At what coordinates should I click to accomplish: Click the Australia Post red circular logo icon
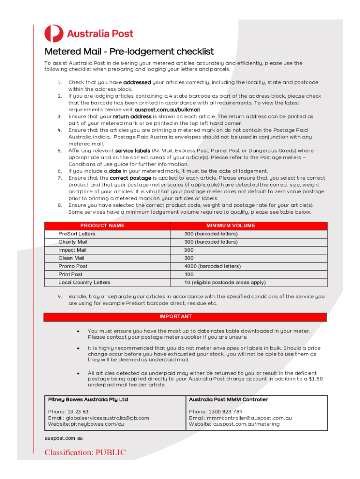pyautogui.click(x=54, y=34)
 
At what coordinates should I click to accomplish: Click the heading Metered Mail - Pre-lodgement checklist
pyautogui.click(x=129, y=51)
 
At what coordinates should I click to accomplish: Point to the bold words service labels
pyautogui.click(x=133, y=151)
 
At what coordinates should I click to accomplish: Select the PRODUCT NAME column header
pyautogui.click(x=102, y=225)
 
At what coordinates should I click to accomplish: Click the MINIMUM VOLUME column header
pyautogui.click(x=230, y=225)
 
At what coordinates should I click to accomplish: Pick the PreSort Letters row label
pyautogui.click(x=77, y=234)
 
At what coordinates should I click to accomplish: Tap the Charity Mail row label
pyautogui.click(x=72, y=242)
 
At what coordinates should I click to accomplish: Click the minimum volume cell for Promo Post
pyautogui.click(x=212, y=266)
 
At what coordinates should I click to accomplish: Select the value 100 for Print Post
pyautogui.click(x=189, y=274)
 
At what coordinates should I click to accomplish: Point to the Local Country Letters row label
pyautogui.click(x=84, y=283)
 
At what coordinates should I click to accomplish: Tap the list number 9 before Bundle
pyautogui.click(x=59, y=296)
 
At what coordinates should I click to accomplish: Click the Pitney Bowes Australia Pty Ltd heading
pyautogui.click(x=88, y=400)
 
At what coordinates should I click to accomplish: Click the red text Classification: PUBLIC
pyautogui.click(x=85, y=452)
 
